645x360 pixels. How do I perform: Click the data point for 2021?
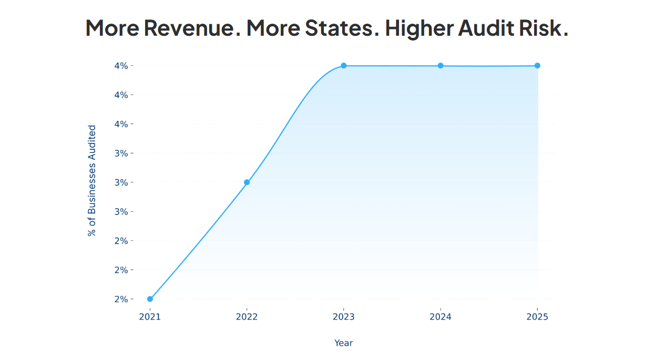150,299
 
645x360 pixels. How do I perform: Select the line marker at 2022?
247,182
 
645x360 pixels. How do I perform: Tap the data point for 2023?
344,66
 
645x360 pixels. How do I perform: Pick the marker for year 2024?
441,66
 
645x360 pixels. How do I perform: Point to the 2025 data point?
537,66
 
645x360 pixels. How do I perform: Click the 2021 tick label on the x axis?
150,317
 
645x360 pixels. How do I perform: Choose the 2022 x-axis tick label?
247,317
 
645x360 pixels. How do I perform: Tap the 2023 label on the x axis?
344,317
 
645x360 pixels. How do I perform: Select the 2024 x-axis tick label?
441,317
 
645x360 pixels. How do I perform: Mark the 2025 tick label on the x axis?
537,317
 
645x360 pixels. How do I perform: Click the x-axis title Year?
344,343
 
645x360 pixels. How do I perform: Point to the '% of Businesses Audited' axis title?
93,181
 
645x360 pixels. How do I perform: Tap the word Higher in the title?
418,28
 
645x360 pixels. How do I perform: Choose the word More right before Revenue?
112,28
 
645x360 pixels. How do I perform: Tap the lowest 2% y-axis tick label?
121,299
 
